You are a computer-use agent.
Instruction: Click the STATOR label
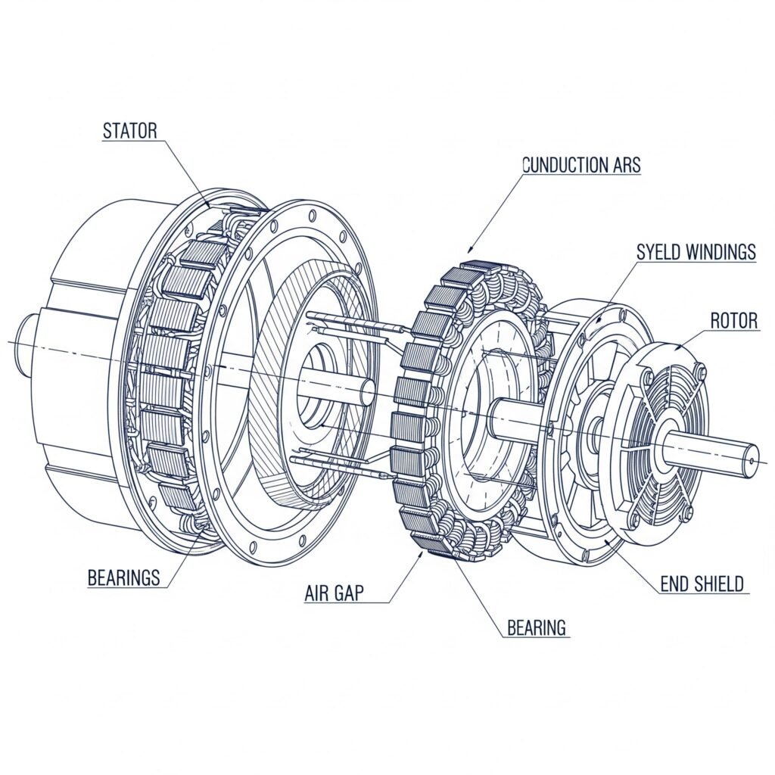point(129,131)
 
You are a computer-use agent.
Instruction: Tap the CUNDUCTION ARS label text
point(581,164)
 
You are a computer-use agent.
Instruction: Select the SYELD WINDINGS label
point(696,251)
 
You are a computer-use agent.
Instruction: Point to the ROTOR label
point(734,321)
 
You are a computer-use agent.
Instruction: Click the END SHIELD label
point(702,584)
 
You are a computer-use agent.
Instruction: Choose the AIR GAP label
point(334,593)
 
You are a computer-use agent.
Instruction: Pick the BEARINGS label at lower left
point(123,577)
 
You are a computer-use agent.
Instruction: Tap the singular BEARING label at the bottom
point(537,627)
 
